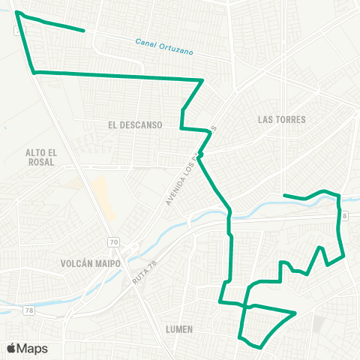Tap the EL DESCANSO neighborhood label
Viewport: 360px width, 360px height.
pos(135,125)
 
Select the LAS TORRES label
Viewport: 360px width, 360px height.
pos(282,119)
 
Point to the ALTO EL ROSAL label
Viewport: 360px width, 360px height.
pos(40,157)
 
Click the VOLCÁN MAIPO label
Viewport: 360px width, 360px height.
pos(88,263)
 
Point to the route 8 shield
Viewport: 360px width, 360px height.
pos(346,216)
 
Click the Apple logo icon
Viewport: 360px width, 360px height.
pos(11,348)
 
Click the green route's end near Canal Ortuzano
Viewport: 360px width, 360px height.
pos(82,31)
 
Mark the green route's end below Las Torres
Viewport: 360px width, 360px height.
pos(284,196)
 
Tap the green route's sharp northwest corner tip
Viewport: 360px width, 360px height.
pos(16,13)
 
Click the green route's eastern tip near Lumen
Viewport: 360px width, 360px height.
pos(296,312)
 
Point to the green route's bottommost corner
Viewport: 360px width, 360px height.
pos(260,347)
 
